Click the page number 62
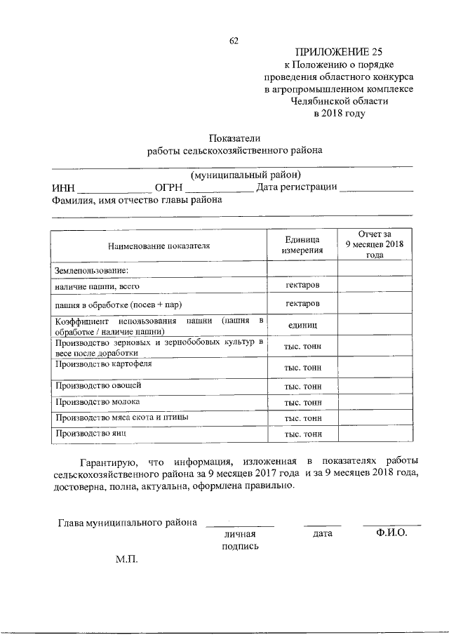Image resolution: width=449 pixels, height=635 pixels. point(234,41)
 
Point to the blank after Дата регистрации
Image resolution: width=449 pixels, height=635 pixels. point(375,187)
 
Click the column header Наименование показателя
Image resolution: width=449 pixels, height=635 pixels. point(159,246)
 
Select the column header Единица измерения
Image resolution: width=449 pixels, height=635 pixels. point(302,244)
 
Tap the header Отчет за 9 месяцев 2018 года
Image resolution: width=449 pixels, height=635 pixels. point(375,244)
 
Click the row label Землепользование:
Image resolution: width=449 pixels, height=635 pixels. point(88,269)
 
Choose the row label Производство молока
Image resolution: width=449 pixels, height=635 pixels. point(96,403)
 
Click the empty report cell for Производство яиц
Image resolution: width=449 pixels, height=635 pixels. point(375,434)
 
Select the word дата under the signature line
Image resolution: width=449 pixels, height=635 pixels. point(321,534)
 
